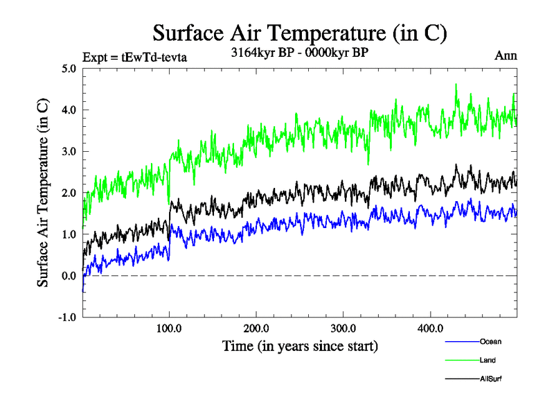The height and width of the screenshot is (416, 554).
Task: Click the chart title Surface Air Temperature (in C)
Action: (300, 33)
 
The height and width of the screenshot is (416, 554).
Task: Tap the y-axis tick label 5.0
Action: (69, 69)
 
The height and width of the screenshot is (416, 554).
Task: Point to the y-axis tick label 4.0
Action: (69, 110)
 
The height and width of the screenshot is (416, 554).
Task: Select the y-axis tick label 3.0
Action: (69, 152)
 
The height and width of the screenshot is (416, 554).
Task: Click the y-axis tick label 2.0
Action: (69, 193)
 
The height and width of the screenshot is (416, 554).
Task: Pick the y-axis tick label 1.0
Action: (69, 234)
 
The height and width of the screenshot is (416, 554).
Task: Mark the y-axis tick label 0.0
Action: (69, 276)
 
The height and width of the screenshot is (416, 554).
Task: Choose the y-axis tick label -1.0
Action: (66, 318)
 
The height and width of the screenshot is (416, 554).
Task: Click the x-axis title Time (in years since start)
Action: (300, 345)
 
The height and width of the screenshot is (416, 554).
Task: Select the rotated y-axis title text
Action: (43, 193)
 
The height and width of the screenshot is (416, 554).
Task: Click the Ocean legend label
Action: (490, 342)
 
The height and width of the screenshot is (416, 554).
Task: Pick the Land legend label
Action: (488, 361)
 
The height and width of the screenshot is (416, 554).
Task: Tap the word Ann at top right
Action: (505, 55)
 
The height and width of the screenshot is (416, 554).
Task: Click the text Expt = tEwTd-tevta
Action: (134, 57)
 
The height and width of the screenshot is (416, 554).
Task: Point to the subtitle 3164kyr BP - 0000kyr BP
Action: (299, 51)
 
